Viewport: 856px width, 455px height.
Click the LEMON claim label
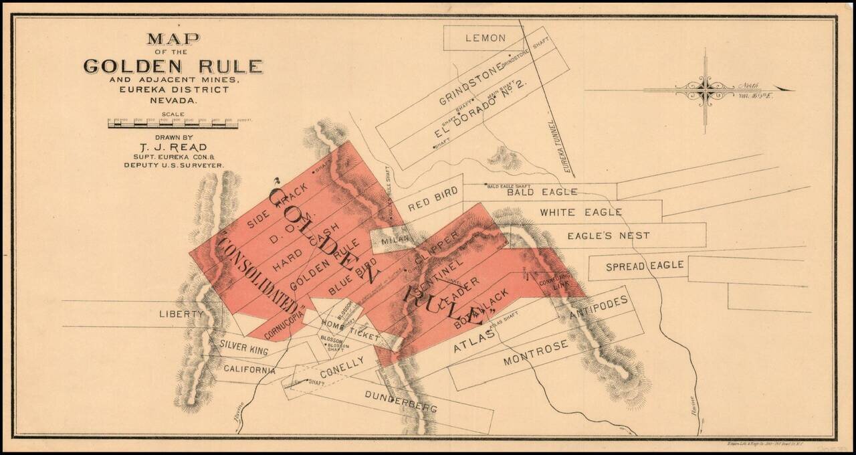(486, 38)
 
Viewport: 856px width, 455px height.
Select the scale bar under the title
(173, 124)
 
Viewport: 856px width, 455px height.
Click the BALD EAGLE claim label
(542, 193)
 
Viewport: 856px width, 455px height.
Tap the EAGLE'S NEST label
(608, 236)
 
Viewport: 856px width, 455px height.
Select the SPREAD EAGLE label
(645, 266)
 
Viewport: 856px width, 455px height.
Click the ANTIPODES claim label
(599, 309)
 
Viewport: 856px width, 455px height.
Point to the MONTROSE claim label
(536, 352)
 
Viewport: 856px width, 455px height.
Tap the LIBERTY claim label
(181, 314)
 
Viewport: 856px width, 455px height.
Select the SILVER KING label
(243, 348)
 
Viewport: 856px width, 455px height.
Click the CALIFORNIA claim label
(249, 369)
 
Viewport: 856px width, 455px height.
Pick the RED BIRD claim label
(433, 199)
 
